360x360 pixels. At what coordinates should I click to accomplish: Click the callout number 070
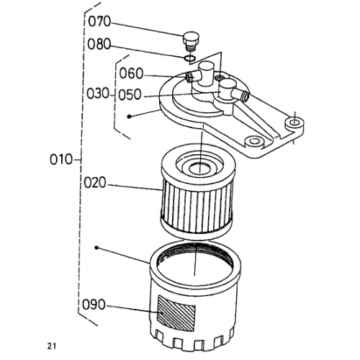[x=99, y=22]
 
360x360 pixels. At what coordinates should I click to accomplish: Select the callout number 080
[x=99, y=44]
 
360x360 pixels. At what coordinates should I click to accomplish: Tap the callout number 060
[x=131, y=73]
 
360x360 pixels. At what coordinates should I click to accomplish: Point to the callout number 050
[x=130, y=94]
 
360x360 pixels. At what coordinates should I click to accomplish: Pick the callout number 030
[x=98, y=94]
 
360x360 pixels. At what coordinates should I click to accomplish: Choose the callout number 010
[x=61, y=159]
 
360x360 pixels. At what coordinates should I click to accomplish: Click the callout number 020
[x=95, y=183]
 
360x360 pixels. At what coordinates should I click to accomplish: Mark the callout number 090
[x=94, y=305]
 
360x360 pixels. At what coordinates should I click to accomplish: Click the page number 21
[x=51, y=346]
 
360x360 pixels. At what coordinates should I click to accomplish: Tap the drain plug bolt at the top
[x=191, y=41]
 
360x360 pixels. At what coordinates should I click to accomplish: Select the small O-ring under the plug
[x=189, y=58]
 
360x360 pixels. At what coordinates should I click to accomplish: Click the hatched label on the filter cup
[x=176, y=313]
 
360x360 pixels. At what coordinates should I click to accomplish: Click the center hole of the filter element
[x=199, y=168]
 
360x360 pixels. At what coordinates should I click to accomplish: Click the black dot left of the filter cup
[x=96, y=248]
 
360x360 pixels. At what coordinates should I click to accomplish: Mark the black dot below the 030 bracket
[x=130, y=117]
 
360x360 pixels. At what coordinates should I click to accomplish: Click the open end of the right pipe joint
[x=246, y=96]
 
